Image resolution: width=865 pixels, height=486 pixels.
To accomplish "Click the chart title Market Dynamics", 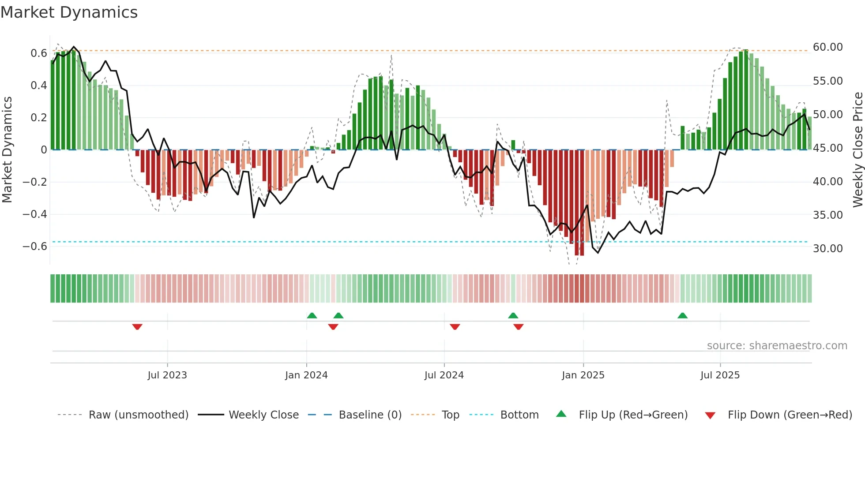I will point(69,12).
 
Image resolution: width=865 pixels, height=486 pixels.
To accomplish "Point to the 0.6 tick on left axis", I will point(39,53).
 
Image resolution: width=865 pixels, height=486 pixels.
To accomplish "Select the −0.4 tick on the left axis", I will point(35,214).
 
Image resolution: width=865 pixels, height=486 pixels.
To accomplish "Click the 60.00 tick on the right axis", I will point(827,47).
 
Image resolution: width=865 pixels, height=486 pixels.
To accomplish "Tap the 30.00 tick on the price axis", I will point(827,249).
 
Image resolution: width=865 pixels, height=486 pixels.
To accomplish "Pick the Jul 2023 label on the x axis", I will point(167,375).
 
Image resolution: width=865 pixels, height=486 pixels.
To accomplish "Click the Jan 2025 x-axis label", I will point(583,375).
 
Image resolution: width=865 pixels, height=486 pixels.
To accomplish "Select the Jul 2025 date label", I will point(720,375).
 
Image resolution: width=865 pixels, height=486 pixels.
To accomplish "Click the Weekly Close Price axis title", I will point(857,150).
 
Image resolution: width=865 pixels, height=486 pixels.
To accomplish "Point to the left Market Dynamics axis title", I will point(7,150).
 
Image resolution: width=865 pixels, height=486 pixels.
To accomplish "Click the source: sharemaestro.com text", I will point(777,346).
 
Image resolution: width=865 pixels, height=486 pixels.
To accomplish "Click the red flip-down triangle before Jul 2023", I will point(137,327).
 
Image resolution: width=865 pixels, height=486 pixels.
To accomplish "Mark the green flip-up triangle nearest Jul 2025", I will point(682,315).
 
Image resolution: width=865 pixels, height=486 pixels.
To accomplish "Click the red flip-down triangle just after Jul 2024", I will point(455,327).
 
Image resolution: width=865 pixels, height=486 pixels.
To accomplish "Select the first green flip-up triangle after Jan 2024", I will point(312,315).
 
